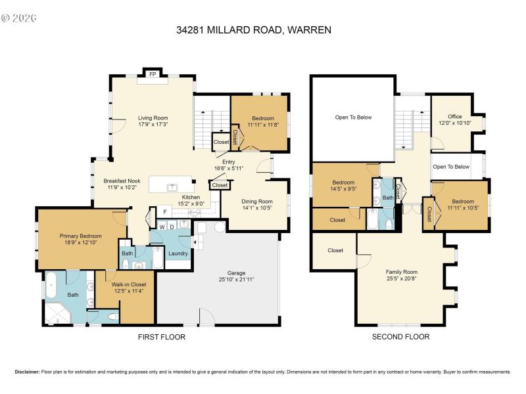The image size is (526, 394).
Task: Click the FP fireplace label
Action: pos(153,75)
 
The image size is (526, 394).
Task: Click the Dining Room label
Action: pos(247,202)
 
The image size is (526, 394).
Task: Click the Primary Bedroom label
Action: pos(81,236)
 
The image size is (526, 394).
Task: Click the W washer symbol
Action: pos(162,227)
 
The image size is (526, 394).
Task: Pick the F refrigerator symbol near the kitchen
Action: pos(165,211)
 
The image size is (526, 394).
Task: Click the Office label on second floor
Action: pos(455,117)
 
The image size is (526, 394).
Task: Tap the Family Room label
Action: pos(401,272)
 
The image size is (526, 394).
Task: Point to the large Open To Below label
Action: pos(353,118)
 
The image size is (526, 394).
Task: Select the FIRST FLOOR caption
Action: pos(161,337)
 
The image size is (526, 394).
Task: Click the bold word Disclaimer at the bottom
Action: pos(27,372)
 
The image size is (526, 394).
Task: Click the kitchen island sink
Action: pos(172,186)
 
